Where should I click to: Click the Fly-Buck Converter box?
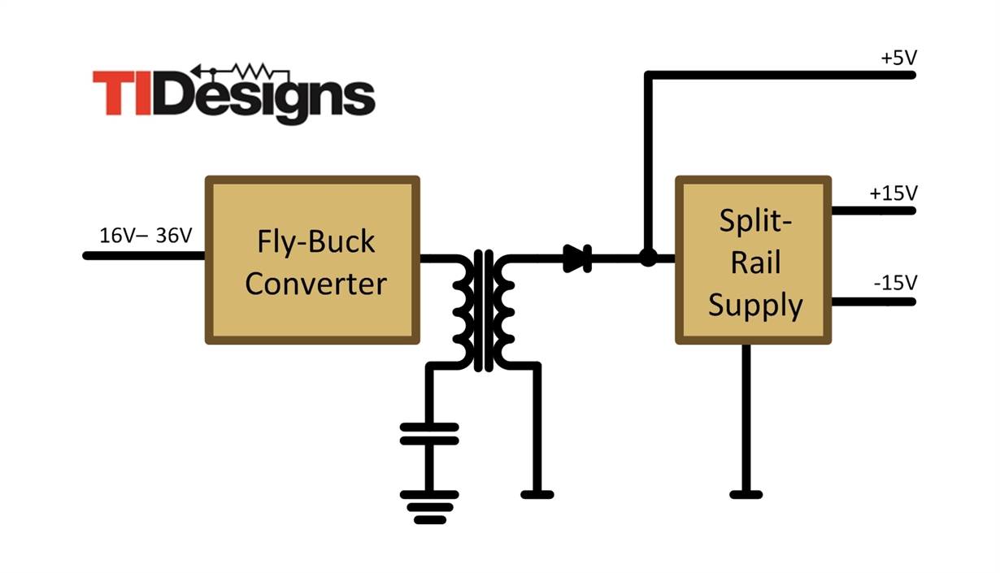(312, 260)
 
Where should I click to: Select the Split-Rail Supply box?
(754, 260)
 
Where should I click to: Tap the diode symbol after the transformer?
(577, 258)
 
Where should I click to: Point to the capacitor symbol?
(429, 432)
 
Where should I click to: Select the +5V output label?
(898, 59)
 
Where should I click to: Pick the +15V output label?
(893, 193)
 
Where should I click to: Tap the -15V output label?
(894, 283)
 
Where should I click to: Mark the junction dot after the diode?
(647, 258)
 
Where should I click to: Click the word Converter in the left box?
(315, 284)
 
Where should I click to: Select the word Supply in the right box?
(755, 306)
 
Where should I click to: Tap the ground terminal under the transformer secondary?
(537, 493)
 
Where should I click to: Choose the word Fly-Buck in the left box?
(316, 241)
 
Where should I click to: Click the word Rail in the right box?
(755, 263)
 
